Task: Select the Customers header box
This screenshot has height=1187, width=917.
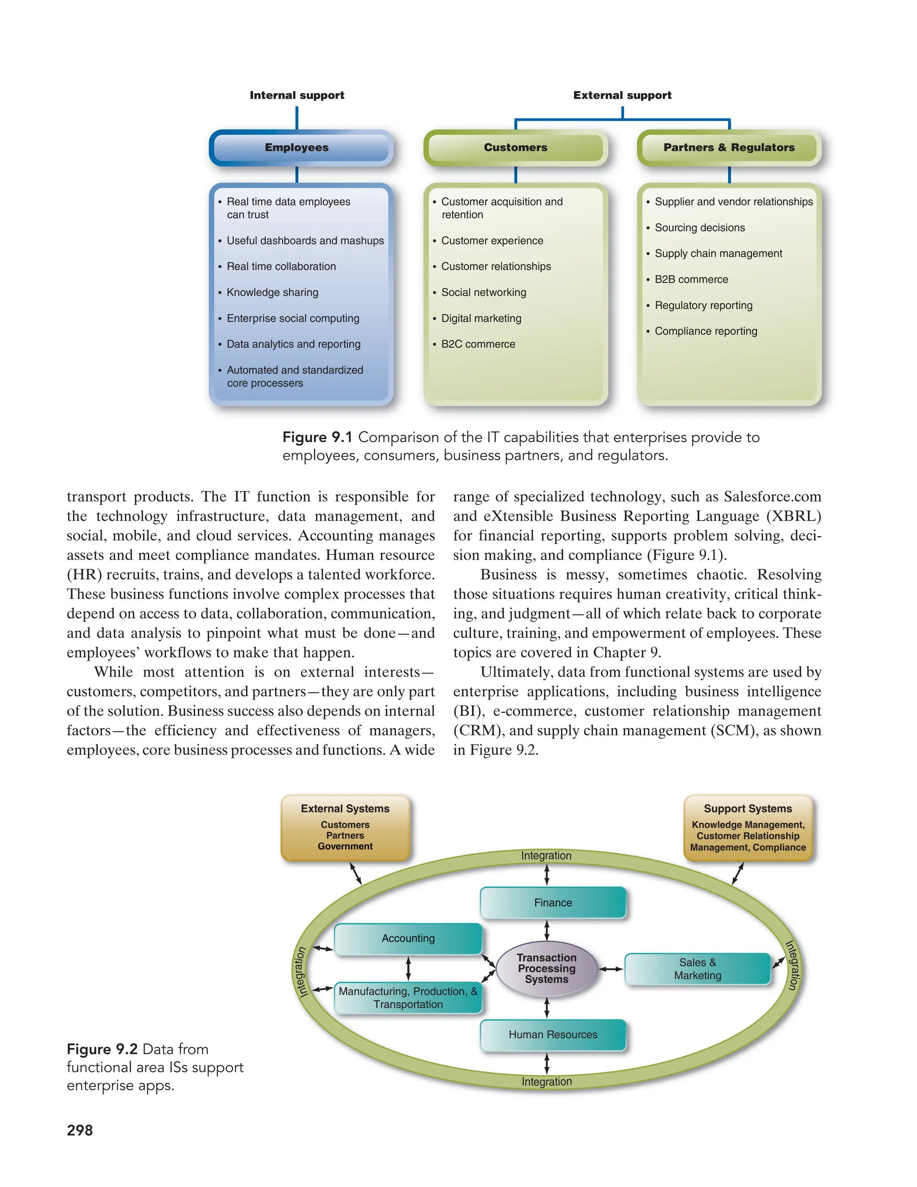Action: click(515, 148)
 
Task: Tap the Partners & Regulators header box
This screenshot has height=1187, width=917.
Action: click(728, 148)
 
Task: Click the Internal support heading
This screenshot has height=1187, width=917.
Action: click(296, 95)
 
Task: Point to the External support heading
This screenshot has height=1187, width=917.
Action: click(622, 95)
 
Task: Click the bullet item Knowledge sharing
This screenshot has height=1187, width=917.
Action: click(272, 292)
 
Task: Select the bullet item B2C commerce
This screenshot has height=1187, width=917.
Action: click(478, 344)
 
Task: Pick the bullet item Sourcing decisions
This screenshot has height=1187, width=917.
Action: click(700, 228)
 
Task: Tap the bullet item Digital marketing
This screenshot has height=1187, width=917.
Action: click(481, 318)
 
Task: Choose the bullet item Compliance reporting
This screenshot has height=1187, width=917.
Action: click(706, 331)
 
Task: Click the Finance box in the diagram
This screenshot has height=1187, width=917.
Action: click(553, 903)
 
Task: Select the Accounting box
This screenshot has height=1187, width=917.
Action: click(408, 938)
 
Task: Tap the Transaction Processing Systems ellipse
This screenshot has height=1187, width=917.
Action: click(547, 968)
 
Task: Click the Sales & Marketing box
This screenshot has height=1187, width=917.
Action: click(698, 969)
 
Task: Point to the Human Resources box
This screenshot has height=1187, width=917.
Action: click(553, 1035)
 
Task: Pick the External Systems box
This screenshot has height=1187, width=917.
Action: click(345, 827)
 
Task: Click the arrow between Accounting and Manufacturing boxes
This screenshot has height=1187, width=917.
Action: click(408, 968)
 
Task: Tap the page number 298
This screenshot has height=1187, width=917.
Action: click(80, 1131)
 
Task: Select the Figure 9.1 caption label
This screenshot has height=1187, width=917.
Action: click(317, 438)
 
